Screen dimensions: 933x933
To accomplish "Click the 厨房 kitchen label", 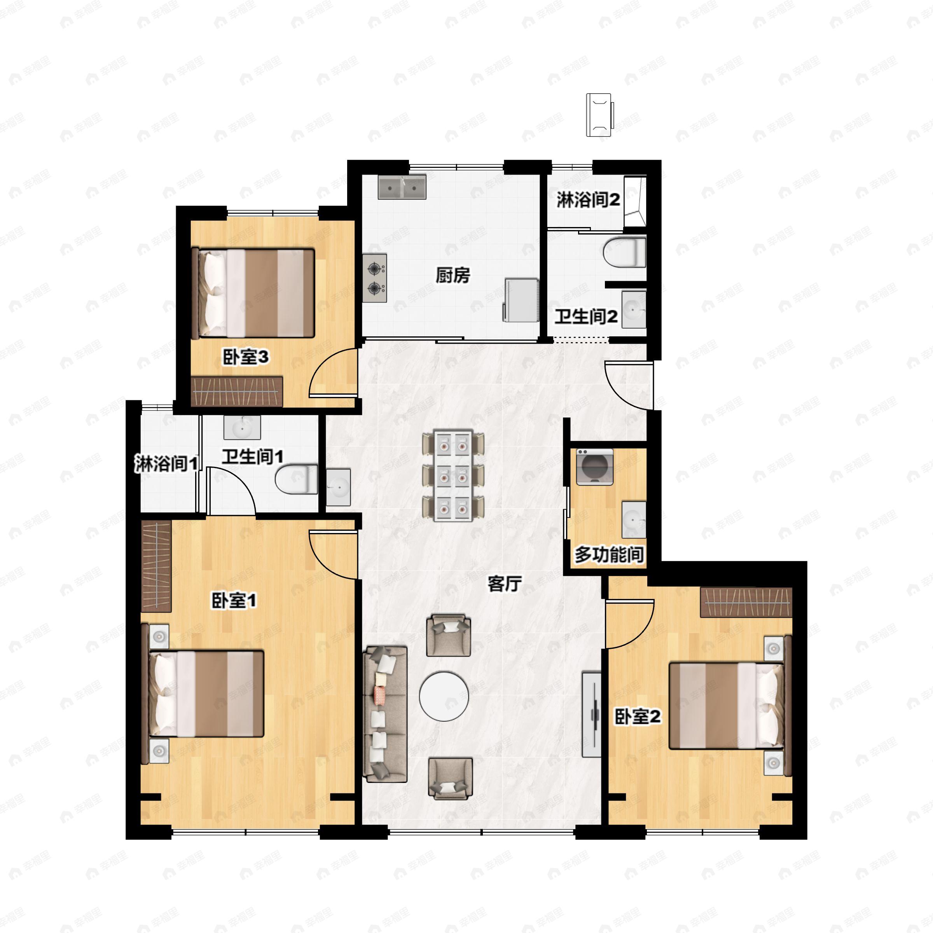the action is pyautogui.click(x=453, y=275).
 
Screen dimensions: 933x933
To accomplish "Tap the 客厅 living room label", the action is pyautogui.click(x=505, y=584).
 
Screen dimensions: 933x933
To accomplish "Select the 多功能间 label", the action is pyautogui.click(x=609, y=554).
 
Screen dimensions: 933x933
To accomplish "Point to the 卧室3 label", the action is pyautogui.click(x=245, y=357).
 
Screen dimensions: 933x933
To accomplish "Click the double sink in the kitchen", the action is pyautogui.click(x=402, y=187).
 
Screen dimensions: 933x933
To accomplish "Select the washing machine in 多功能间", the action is pyautogui.click(x=594, y=466).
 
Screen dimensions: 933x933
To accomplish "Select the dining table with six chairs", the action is pyautogui.click(x=453, y=476).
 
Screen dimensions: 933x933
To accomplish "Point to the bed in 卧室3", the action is pyautogui.click(x=253, y=293).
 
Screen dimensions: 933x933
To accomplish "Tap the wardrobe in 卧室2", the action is pyautogui.click(x=746, y=602).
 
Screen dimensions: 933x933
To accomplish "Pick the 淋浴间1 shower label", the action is pyautogui.click(x=166, y=464).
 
